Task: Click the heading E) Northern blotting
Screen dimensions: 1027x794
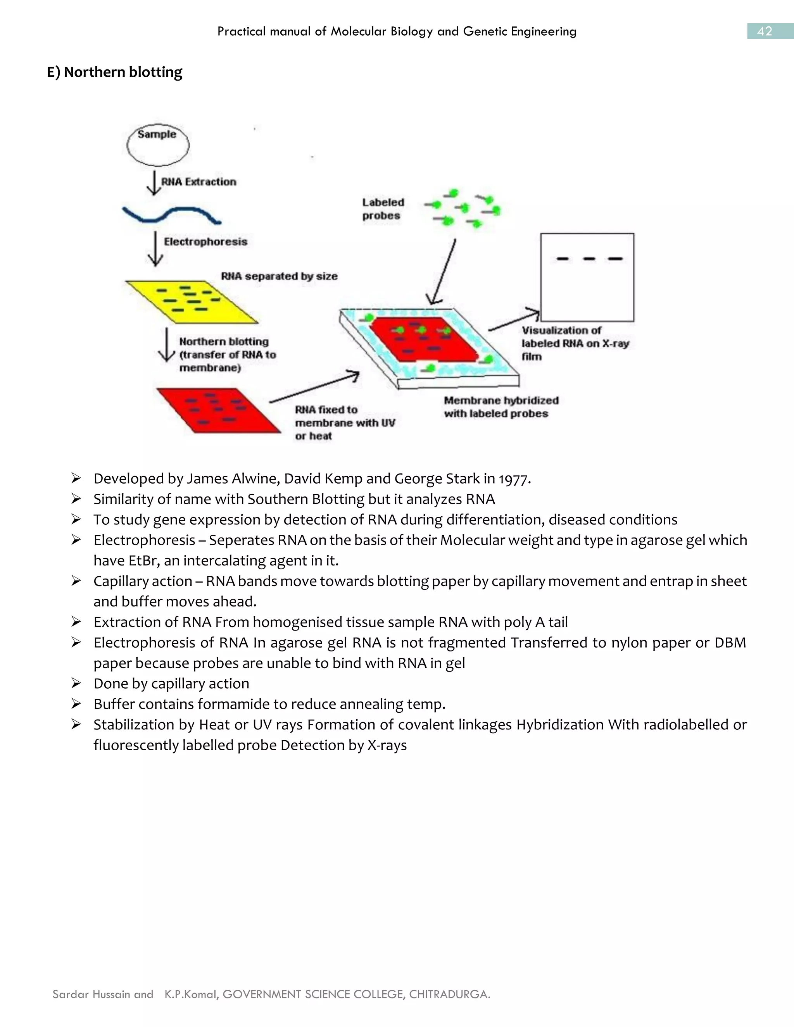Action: point(114,72)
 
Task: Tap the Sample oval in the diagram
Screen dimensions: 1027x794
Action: point(157,145)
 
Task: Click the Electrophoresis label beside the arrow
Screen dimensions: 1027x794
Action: point(205,242)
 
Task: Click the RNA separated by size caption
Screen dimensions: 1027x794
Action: point(279,276)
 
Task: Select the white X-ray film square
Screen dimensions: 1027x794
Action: point(587,277)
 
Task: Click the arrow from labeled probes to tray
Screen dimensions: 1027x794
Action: point(443,273)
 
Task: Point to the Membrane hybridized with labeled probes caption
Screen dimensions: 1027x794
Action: point(501,407)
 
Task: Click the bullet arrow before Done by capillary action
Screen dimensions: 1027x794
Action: point(76,683)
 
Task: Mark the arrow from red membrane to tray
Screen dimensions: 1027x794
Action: point(314,388)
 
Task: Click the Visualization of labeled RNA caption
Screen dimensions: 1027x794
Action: point(575,343)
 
